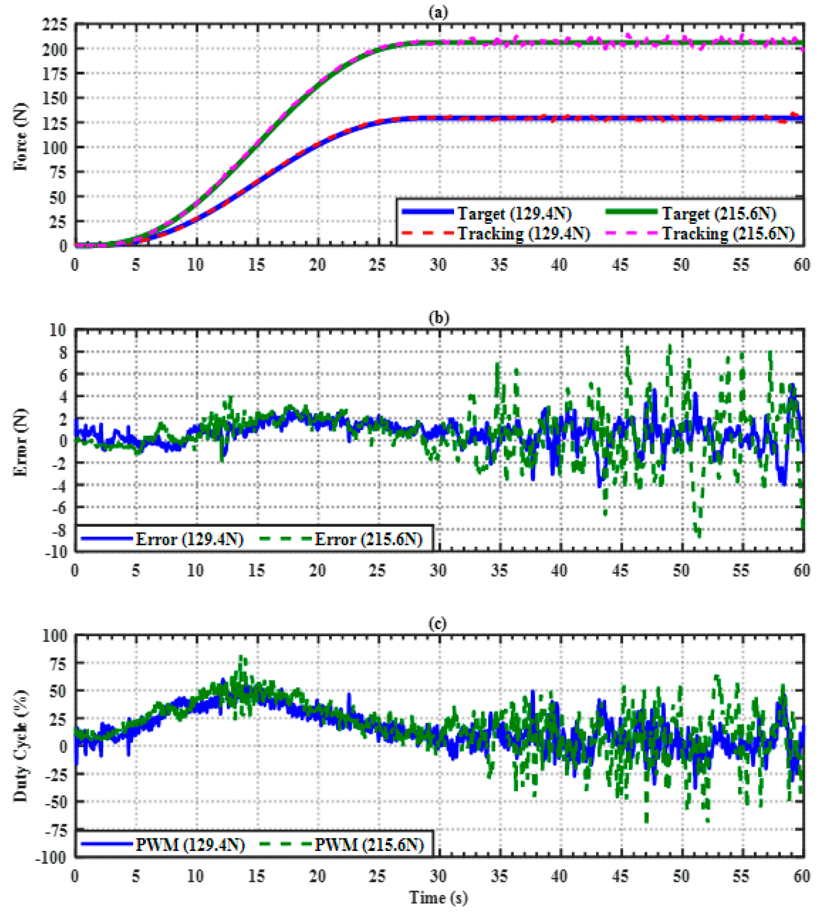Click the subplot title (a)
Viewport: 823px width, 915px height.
[438, 12]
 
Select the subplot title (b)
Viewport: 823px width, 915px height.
[438, 317]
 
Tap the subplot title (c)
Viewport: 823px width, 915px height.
[438, 623]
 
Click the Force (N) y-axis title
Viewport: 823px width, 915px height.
[20, 137]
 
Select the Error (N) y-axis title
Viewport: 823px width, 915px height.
[20, 442]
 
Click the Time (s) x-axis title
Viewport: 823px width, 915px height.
[438, 897]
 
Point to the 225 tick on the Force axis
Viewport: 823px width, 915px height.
[55, 25]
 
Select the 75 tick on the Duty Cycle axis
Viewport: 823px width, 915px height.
[58, 663]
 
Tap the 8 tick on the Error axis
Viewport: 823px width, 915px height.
[62, 352]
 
